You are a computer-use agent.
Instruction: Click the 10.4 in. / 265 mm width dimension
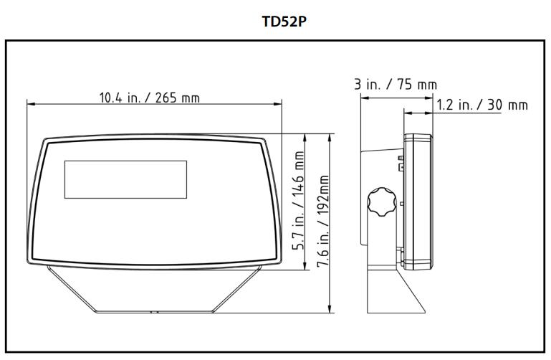pos(149,98)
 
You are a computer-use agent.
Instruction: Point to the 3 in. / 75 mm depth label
pos(396,85)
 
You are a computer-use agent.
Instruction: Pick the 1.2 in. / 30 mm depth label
pos(481,105)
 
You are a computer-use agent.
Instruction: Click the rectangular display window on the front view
pos(125,179)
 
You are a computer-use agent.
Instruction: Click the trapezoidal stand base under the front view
pos(153,290)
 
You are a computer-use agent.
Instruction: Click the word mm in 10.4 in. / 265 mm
pos(190,98)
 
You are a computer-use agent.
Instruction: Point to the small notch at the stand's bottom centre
pos(153,312)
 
